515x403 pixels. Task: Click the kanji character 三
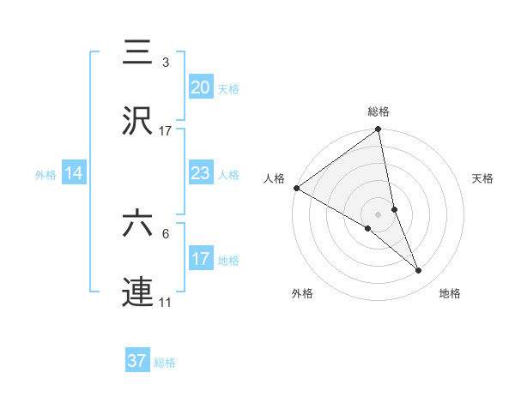(137, 53)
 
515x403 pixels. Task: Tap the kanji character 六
(137, 224)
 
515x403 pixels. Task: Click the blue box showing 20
(200, 87)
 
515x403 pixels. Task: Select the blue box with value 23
(200, 174)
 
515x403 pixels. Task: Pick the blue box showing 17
(200, 259)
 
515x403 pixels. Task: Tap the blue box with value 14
(74, 174)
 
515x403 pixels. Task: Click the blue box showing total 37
(137, 361)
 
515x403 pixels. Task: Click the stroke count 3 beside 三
(166, 63)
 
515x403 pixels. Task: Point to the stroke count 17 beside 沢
(166, 131)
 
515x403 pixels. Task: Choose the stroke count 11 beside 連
(166, 303)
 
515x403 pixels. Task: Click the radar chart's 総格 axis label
(379, 111)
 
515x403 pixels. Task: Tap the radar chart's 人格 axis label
(275, 178)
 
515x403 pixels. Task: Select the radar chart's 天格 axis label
(483, 178)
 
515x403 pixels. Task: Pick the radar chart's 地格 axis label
(450, 294)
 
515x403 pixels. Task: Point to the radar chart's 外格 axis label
(302, 294)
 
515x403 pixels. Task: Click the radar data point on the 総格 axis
(379, 130)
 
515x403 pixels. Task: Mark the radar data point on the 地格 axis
(419, 271)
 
